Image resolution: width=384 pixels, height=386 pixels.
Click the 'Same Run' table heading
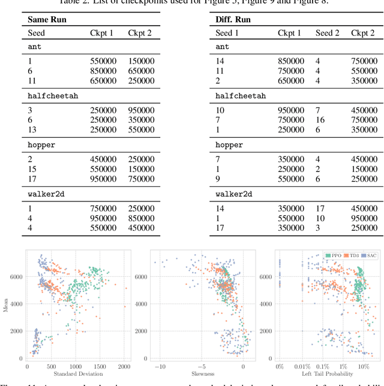(x=47, y=20)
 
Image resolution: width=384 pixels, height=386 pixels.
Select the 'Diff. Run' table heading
(x=233, y=20)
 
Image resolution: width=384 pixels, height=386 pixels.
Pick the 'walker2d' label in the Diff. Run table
(x=233, y=194)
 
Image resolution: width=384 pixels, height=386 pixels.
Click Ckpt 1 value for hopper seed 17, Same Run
(x=103, y=179)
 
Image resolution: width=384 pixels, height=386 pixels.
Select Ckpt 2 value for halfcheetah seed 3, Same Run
(x=141, y=110)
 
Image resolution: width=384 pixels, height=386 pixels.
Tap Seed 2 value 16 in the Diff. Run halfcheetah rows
(x=320, y=120)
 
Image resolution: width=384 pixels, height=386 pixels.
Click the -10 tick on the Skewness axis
(x=160, y=366)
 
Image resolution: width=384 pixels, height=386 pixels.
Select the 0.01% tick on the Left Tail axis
(x=302, y=366)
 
